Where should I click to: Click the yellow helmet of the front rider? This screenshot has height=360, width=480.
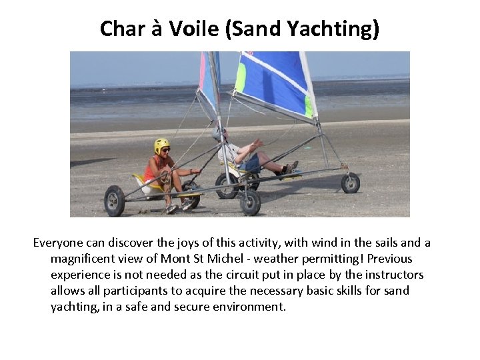161,144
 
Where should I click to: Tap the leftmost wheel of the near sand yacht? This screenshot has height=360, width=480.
115,201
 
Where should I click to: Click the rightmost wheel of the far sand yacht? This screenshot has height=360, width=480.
351,183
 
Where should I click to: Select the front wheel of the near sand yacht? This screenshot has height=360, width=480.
251,203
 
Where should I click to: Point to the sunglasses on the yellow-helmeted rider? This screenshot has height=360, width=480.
164,150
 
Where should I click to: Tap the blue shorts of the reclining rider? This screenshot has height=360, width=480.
251,162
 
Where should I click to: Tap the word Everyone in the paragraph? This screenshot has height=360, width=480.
61,243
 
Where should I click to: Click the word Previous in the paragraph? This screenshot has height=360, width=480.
387,259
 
